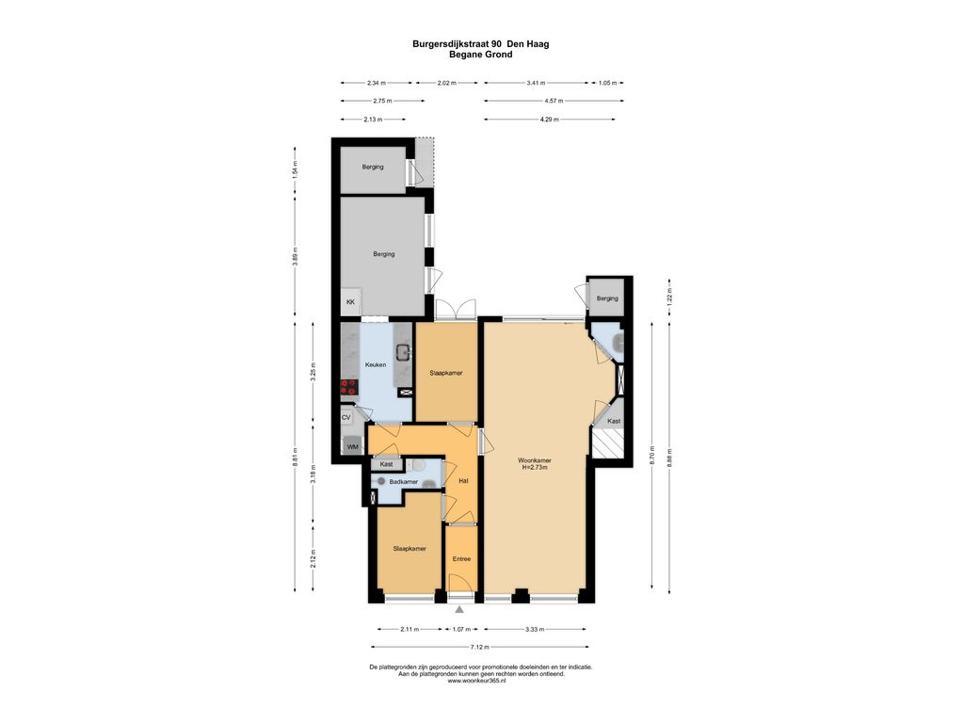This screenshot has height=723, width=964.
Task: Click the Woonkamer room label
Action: tap(535, 459)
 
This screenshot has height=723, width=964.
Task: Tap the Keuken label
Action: tap(376, 364)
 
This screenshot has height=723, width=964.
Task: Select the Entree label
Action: tap(461, 559)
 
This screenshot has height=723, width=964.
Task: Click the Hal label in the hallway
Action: tap(463, 481)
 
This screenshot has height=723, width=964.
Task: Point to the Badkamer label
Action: tap(403, 482)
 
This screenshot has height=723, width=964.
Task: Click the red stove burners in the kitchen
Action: tap(348, 387)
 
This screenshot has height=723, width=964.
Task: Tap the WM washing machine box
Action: tap(353, 445)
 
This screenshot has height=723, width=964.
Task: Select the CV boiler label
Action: tap(346, 417)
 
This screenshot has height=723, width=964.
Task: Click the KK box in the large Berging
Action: tap(350, 302)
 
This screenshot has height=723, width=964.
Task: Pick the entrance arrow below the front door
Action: tap(459, 609)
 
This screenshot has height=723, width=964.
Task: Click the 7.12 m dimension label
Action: tap(479, 647)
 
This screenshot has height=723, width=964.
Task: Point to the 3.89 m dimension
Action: tap(295, 255)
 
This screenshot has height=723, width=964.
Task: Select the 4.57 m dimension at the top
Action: tap(554, 101)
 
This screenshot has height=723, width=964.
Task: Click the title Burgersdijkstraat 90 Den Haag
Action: tap(481, 44)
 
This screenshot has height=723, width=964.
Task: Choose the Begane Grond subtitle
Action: tap(481, 54)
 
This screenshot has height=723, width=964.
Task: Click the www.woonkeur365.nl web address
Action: tap(476, 681)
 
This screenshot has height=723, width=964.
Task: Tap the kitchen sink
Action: tap(403, 352)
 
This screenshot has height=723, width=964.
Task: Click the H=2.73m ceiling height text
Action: tap(535, 467)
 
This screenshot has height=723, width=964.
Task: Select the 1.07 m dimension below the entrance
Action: tap(461, 629)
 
